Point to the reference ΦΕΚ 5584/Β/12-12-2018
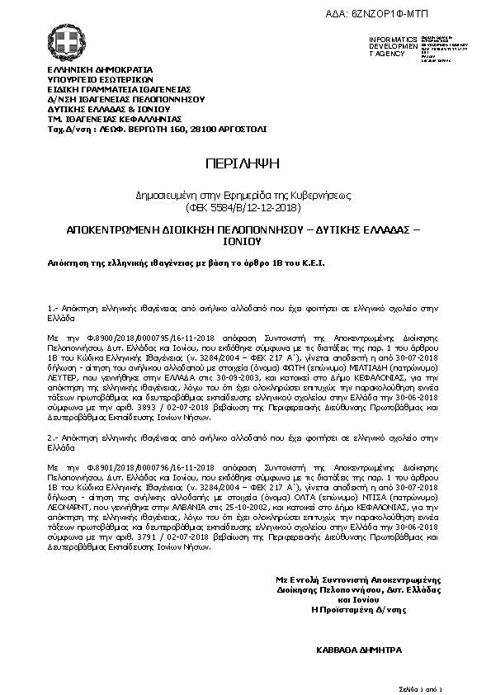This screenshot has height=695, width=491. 244,206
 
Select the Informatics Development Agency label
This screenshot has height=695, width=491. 388,46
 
